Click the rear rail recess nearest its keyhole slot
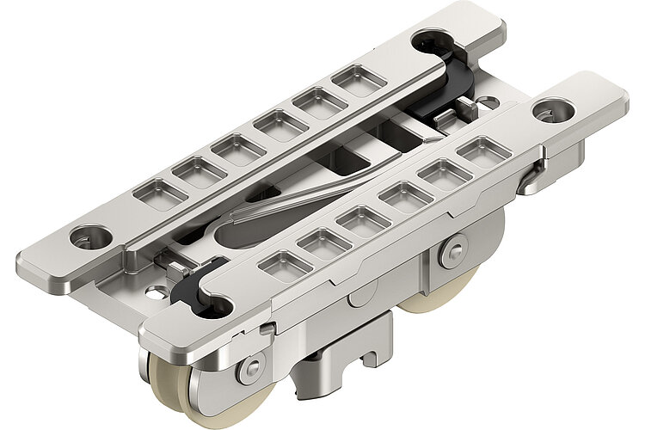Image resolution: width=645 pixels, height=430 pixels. (359, 79)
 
